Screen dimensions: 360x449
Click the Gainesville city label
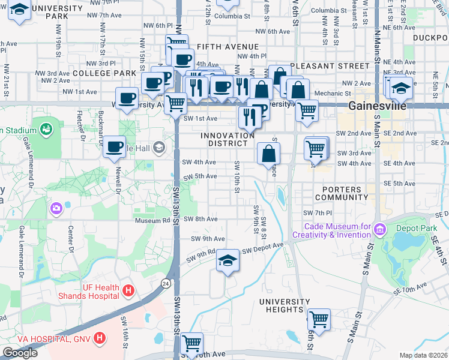pyautogui.click(x=376, y=106)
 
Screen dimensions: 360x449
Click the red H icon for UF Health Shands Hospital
pyautogui.click(x=127, y=291)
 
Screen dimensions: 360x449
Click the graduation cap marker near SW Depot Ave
pyautogui.click(x=227, y=260)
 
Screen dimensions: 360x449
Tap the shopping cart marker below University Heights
pyautogui.click(x=318, y=320)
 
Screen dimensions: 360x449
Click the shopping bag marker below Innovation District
pyautogui.click(x=268, y=154)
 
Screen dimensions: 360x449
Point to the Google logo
pyautogui.click(x=20, y=353)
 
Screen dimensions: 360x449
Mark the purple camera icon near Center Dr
pyautogui.click(x=56, y=208)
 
